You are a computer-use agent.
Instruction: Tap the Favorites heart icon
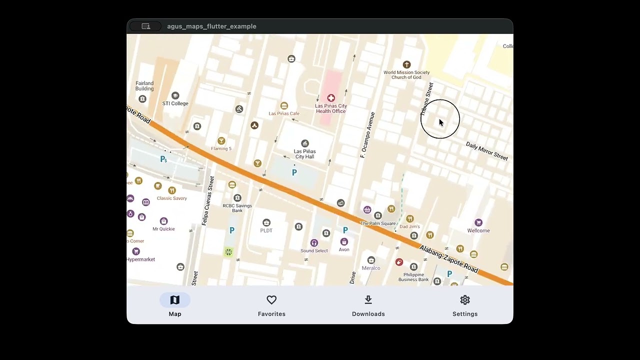[271, 300]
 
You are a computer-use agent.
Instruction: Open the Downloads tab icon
[368, 300]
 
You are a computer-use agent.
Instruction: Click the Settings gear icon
[465, 300]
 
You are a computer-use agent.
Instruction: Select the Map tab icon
[174, 300]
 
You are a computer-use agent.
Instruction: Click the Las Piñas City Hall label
[304, 154]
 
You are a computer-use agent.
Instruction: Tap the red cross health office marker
[331, 98]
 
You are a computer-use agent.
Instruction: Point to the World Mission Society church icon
[406, 64]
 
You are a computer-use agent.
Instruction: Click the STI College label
[175, 103]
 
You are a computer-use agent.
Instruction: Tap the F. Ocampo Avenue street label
[367, 135]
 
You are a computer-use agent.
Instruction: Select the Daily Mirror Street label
[486, 151]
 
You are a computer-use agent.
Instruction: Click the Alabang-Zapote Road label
[448, 259]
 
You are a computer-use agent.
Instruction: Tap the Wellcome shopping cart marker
[478, 222]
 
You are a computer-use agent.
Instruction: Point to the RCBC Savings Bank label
[237, 208]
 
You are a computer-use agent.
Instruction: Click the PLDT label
[266, 230]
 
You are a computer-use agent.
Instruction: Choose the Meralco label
[371, 268]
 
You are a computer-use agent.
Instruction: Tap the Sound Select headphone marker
[314, 243]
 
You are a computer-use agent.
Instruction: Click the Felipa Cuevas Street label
[207, 200]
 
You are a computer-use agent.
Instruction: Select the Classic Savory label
[171, 198]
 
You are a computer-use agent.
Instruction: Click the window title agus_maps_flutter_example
[211, 26]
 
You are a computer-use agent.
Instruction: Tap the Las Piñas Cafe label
[284, 113]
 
